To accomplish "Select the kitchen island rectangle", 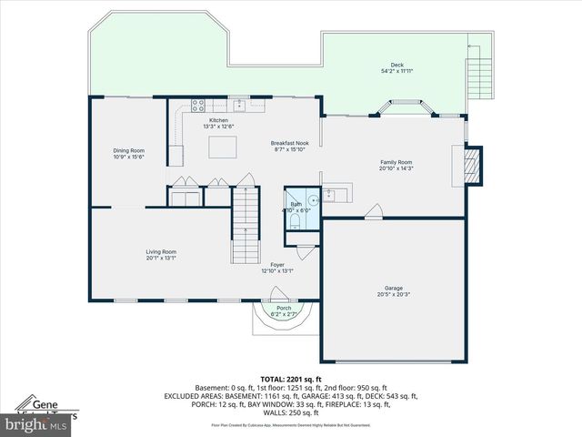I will point(222,146).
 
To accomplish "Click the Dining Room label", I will point(128,154).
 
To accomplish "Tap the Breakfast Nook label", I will point(290,145).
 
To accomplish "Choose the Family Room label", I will point(396,165).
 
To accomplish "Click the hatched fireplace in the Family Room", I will point(471,165).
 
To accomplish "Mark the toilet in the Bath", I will point(294,222).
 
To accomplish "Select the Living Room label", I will point(161,254).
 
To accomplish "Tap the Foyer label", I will point(276,268).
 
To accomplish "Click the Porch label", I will point(284,310).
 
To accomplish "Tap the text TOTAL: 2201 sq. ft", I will point(290,379).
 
